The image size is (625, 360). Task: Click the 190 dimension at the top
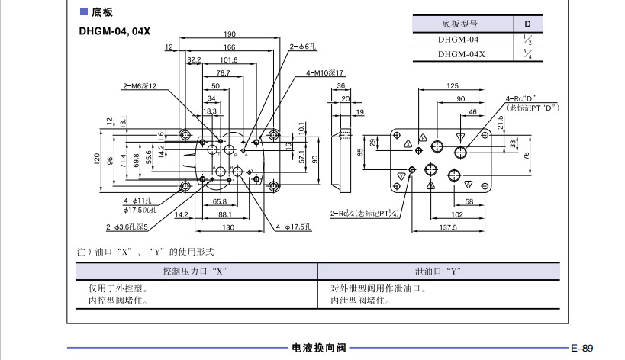[230, 34]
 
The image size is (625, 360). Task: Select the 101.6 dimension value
[229, 59]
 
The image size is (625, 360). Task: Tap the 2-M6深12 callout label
[140, 85]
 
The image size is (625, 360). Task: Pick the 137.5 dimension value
[447, 227]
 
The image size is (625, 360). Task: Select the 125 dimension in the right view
[452, 85]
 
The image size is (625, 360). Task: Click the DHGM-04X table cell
[461, 54]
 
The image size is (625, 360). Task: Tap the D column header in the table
[527, 24]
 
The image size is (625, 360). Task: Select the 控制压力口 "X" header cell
[195, 271]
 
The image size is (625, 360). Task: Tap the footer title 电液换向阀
[318, 348]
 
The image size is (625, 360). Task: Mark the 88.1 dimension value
[224, 215]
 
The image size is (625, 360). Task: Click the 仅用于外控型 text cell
[118, 289]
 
